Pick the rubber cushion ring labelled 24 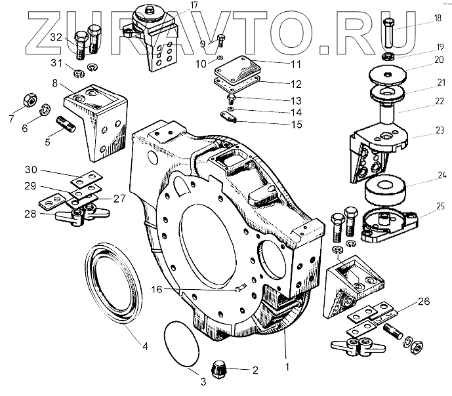pos(386,189)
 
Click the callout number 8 pos(55,83)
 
